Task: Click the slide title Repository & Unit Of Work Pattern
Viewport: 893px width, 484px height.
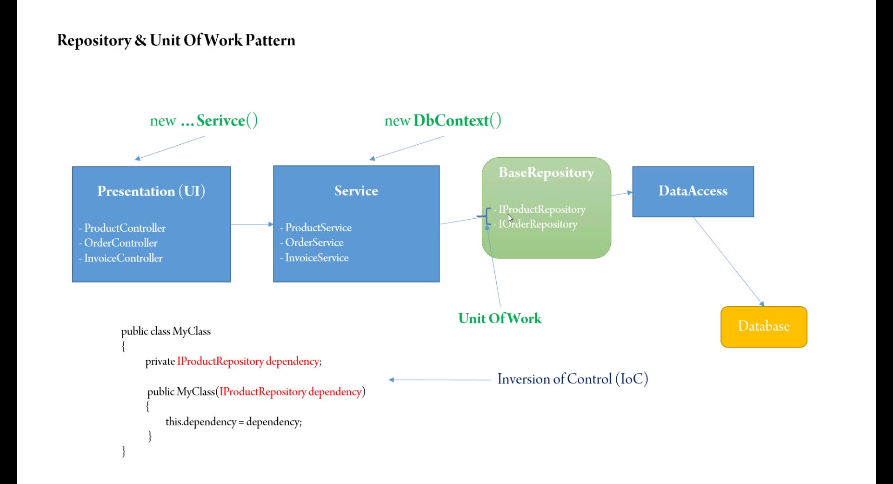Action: coord(176,40)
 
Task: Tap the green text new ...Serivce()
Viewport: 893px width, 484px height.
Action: coord(204,121)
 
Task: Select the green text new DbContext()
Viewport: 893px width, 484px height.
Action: coord(443,121)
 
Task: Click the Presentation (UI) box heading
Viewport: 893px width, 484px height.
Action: coord(151,191)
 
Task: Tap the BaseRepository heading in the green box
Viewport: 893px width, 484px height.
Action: coord(546,173)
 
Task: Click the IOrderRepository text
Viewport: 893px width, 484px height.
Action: coord(538,224)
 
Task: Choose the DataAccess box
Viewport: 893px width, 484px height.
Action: coord(693,191)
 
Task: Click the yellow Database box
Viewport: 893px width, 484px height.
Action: coord(764,326)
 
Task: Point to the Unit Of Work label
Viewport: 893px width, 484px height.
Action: coord(500,318)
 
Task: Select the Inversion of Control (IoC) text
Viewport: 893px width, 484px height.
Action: coord(573,379)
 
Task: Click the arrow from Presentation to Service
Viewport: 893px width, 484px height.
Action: coord(252,224)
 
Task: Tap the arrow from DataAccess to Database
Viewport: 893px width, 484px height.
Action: coord(728,261)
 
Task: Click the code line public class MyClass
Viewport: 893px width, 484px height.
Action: coord(166,331)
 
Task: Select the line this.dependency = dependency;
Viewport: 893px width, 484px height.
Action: coord(233,422)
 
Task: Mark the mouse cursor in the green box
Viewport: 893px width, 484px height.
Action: coord(510,218)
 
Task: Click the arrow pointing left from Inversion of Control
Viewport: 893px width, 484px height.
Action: coord(440,380)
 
